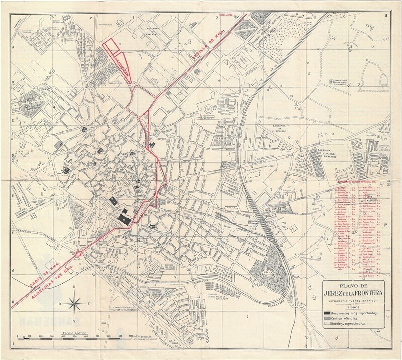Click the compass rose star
point(74,303)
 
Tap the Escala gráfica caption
point(77,333)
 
